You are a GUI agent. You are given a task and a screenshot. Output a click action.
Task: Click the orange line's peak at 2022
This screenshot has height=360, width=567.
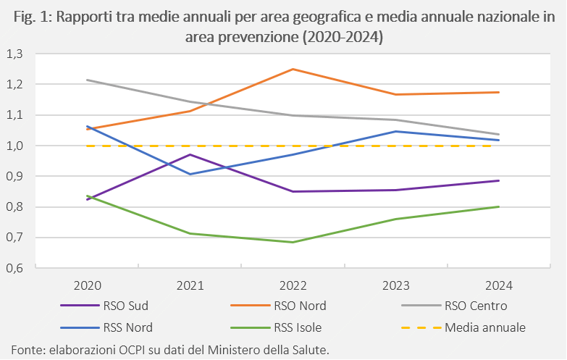coord(293,69)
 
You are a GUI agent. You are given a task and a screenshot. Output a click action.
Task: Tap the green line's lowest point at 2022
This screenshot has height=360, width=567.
coord(293,242)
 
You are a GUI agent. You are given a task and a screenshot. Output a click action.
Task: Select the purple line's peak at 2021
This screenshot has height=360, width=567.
coord(190,155)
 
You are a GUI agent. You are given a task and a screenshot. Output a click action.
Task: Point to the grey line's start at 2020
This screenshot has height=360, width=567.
coord(88,80)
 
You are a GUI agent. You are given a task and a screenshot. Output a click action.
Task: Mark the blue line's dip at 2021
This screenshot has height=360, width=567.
coord(190,174)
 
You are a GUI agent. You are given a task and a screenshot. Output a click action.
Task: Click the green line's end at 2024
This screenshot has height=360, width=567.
coord(499,206)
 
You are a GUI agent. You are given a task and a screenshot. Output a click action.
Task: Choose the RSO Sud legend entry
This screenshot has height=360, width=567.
coord(104,306)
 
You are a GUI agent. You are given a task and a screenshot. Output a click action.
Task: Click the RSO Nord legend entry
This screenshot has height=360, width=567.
coord(279,306)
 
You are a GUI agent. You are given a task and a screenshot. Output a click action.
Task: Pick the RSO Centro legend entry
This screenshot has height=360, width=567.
coord(454,306)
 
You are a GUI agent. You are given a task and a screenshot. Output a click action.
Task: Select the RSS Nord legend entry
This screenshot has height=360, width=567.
coord(106,328)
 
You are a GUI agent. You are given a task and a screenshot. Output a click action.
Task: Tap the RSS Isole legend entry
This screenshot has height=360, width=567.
coord(277,328)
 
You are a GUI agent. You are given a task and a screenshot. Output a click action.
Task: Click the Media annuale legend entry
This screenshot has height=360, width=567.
coord(463,328)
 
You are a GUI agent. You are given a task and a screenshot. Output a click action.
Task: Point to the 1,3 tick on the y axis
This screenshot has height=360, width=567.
coord(14,54)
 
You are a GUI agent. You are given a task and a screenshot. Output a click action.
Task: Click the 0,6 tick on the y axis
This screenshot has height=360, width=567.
coord(14,268)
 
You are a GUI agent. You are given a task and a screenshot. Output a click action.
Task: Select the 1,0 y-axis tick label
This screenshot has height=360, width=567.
coord(14,146)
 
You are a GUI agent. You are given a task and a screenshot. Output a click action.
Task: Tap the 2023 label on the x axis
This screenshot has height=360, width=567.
coord(396,286)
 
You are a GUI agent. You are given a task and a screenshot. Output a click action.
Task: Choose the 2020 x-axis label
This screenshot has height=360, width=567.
coord(88,286)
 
